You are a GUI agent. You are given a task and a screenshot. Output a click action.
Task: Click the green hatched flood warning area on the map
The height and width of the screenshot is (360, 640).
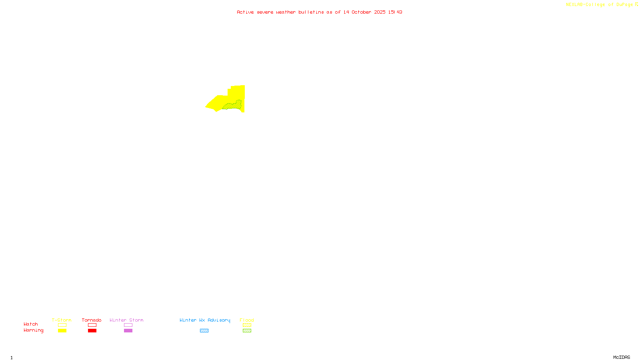click(233, 106)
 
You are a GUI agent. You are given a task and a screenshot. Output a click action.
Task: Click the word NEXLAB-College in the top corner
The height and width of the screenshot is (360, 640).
click(585, 5)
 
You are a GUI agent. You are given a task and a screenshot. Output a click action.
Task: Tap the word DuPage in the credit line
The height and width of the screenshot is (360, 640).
click(624, 5)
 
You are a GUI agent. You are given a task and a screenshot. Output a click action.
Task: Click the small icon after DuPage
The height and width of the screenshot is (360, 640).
click(636, 4)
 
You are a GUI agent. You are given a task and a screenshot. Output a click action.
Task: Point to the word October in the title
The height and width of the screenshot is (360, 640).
click(361, 12)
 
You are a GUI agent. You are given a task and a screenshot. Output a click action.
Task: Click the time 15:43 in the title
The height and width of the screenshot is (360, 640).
click(395, 12)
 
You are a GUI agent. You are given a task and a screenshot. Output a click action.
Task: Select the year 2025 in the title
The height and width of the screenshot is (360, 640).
click(380, 12)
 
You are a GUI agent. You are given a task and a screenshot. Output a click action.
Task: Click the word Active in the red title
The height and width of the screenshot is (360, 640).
click(245, 12)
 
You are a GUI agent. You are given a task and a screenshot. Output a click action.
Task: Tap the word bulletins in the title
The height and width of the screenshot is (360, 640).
click(311, 12)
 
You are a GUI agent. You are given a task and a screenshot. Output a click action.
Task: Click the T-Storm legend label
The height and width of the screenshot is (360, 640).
click(62, 320)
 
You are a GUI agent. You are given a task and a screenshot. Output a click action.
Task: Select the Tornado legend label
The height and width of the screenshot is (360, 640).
click(92, 320)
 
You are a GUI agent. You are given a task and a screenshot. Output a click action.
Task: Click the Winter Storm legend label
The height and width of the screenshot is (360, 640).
click(126, 320)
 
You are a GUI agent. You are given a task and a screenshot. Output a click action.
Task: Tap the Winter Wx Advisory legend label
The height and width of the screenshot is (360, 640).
click(205, 320)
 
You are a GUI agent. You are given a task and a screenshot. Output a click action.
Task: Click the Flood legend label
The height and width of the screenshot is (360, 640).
click(247, 320)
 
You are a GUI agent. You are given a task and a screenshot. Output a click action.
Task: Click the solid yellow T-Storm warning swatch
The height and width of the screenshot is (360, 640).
click(62, 331)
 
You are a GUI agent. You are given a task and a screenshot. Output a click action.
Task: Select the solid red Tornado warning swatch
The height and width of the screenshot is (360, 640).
click(92, 331)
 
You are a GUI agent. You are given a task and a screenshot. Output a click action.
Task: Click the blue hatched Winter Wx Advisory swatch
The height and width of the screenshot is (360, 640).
click(204, 331)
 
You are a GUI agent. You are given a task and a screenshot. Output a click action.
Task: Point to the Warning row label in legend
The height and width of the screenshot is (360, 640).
click(34, 330)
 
